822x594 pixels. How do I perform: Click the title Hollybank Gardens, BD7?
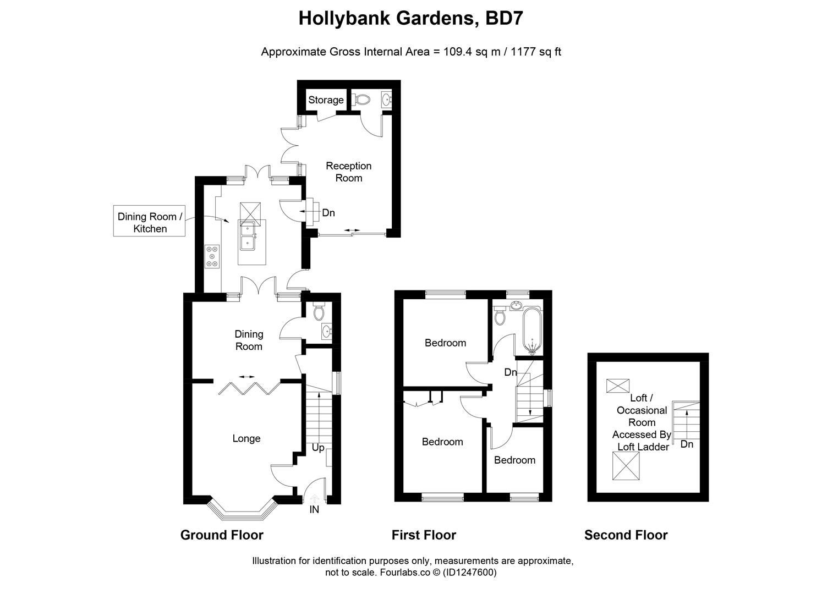point(410,18)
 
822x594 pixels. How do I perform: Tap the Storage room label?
point(326,100)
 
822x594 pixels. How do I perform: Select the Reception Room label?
point(348,172)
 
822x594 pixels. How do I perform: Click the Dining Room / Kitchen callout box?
point(149,222)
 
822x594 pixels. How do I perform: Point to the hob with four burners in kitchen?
point(212,257)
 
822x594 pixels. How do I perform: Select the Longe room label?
point(246,438)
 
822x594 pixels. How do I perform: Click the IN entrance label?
point(314,510)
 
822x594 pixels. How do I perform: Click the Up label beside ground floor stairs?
point(318,448)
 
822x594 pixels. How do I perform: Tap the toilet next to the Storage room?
point(361,100)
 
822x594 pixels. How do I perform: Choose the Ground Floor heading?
point(222,535)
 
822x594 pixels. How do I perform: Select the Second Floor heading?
point(626,535)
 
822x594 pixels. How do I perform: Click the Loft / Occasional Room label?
point(642,422)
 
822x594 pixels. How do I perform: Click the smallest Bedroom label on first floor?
point(514,460)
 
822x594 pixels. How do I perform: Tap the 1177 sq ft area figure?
point(536,52)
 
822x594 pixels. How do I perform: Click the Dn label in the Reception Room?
point(328,213)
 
